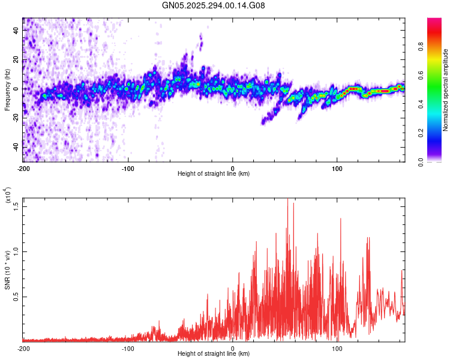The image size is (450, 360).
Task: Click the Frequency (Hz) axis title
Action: (x=7, y=90)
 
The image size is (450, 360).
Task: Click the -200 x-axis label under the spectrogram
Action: (x=23, y=168)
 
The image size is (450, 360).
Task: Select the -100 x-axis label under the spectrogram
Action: (x=128, y=168)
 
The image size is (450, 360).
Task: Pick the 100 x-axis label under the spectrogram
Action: (x=337, y=168)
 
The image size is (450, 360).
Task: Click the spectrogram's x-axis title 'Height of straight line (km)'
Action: (x=214, y=174)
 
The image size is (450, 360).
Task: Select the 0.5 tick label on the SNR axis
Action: (x=16, y=296)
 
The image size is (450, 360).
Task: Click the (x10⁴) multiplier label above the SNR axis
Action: (x=8, y=196)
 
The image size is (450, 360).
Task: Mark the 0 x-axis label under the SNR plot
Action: (x=233, y=349)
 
